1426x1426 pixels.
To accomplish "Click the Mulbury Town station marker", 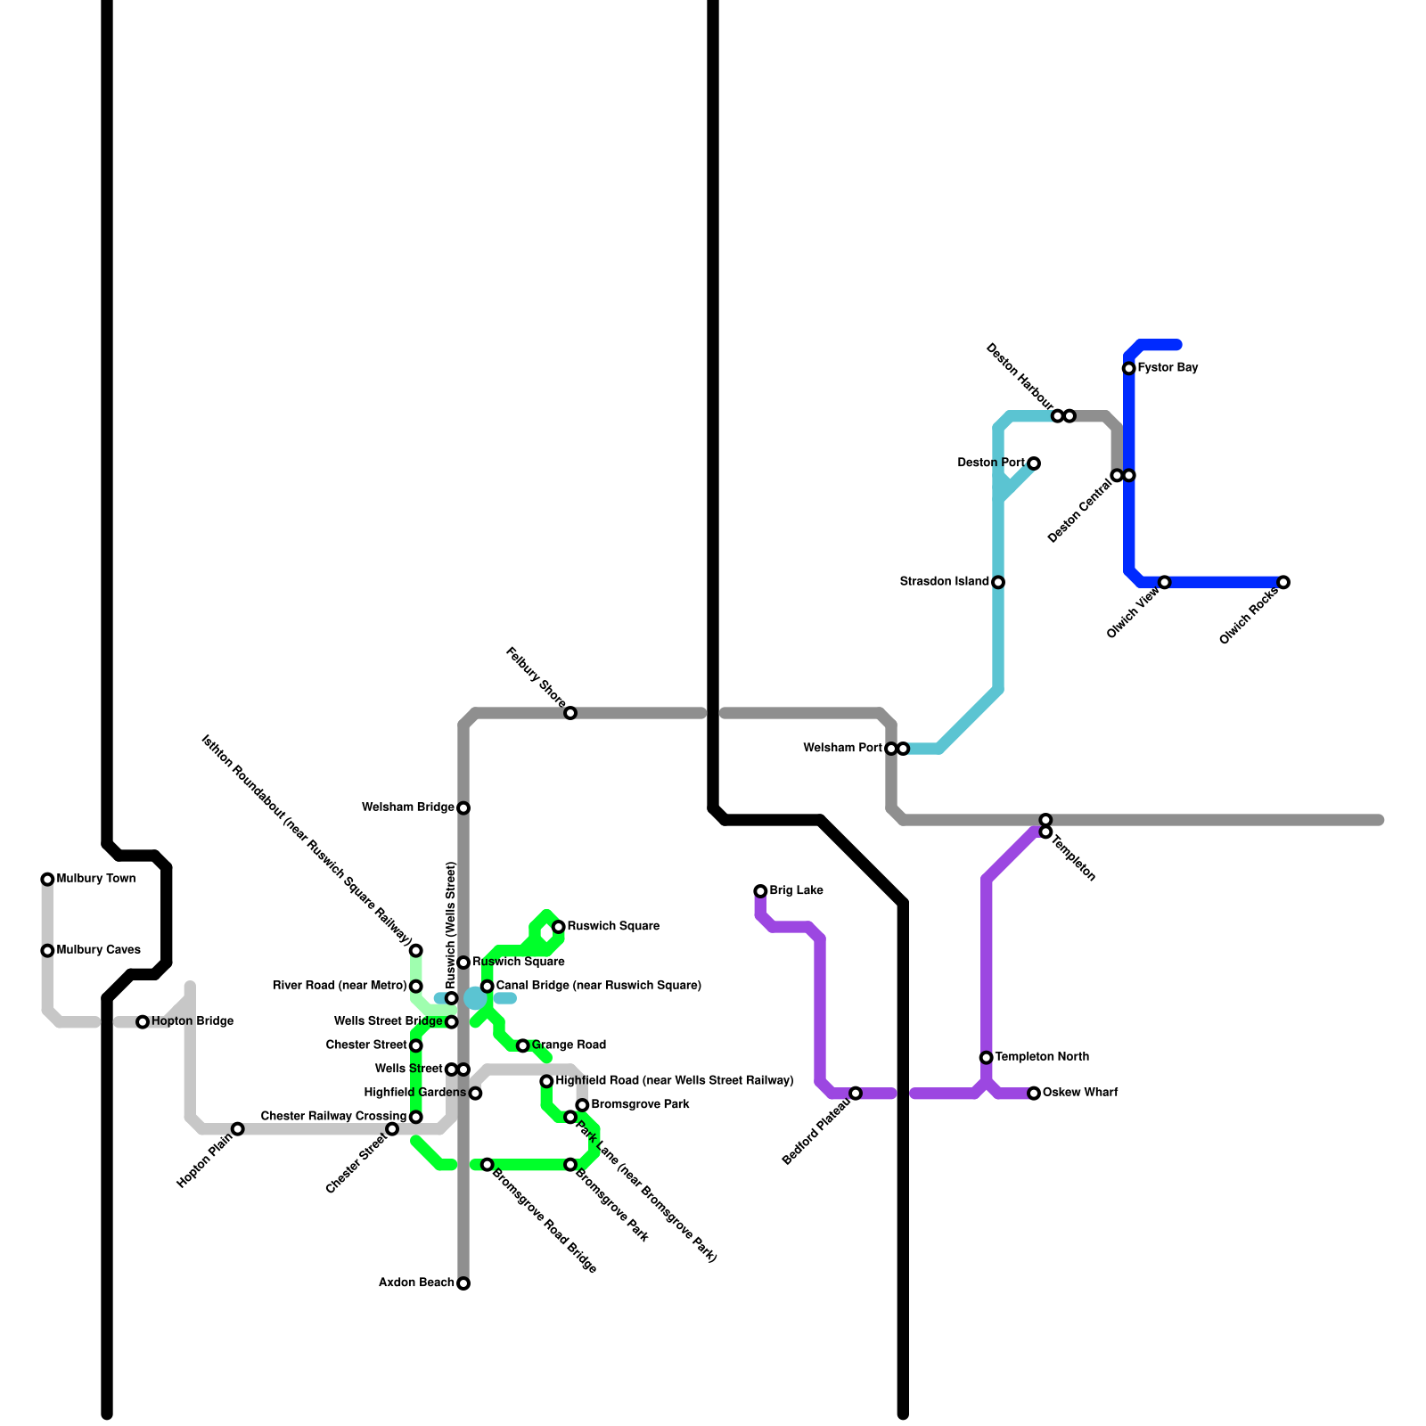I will (x=47, y=880).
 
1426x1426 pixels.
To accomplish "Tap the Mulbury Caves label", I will (x=98, y=950).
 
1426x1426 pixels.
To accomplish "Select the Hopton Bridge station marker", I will (x=143, y=1022).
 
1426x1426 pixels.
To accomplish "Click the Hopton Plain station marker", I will (x=238, y=1129).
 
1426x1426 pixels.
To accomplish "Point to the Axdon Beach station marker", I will (x=463, y=1283).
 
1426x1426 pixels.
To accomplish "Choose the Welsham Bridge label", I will (x=407, y=807).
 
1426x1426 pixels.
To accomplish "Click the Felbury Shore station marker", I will (x=570, y=713).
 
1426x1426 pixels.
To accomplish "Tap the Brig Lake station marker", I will (x=760, y=891).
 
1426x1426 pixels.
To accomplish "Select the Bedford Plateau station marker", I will (x=856, y=1094).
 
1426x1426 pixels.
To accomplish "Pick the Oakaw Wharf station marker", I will (x=1034, y=1094).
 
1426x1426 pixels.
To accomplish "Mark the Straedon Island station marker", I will (x=998, y=583).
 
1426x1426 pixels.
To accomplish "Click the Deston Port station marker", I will (x=1034, y=463).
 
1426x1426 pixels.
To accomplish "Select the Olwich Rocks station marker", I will (x=1283, y=583).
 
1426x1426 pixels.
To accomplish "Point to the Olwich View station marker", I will (x=1165, y=583).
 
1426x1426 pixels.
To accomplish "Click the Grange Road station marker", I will (x=523, y=1045).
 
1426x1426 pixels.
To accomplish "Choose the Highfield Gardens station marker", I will (x=476, y=1094).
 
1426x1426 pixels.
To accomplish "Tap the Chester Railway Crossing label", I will (x=333, y=1117).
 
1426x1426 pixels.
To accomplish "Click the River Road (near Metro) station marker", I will (x=416, y=987).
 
